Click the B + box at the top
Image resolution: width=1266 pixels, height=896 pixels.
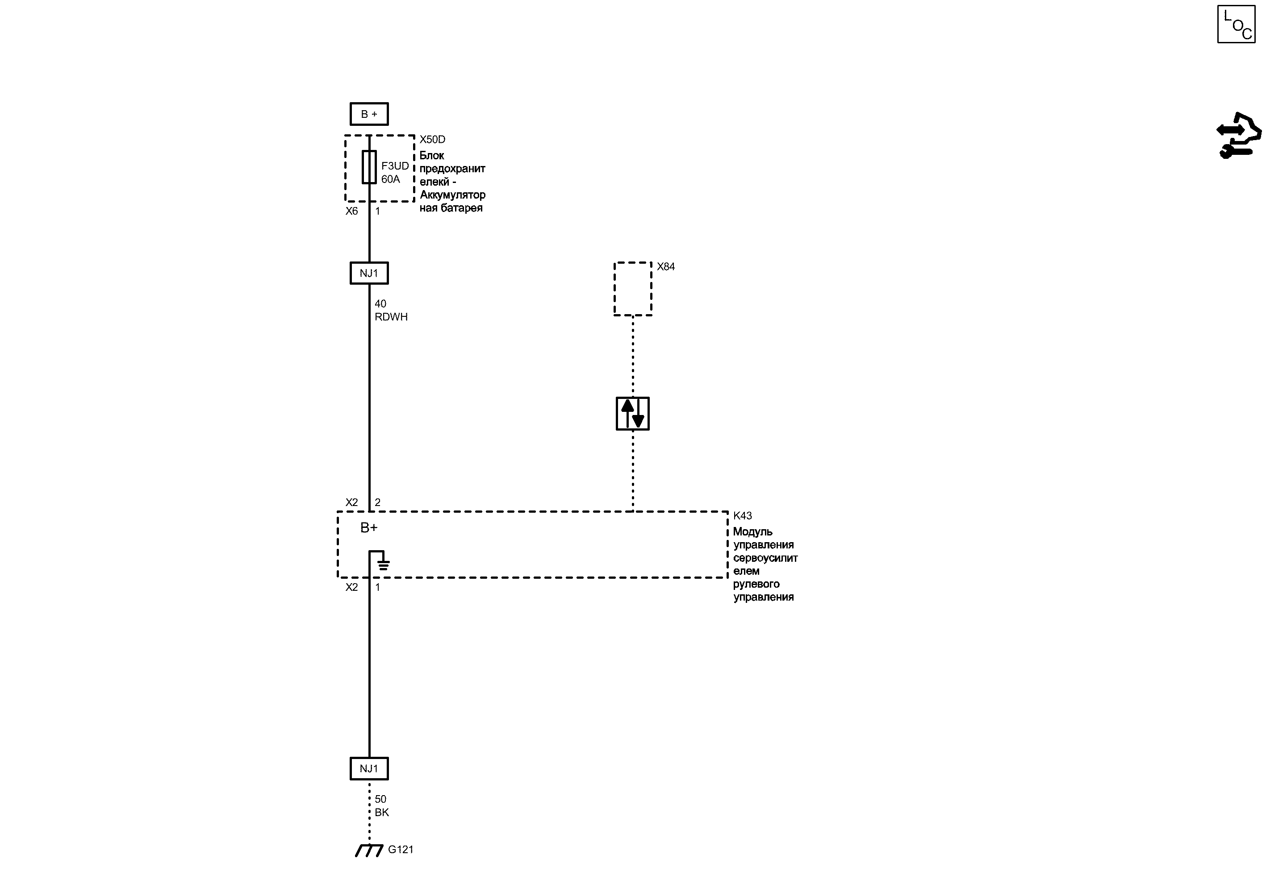(x=369, y=114)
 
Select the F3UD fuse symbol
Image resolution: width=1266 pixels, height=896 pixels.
(x=369, y=166)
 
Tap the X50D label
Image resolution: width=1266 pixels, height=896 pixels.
(x=432, y=140)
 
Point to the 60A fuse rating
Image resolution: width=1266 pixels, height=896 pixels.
(x=390, y=179)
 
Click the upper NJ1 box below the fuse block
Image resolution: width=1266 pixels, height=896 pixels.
(x=369, y=273)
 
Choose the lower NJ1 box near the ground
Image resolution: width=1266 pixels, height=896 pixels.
(x=369, y=768)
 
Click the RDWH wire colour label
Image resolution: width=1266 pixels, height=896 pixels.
(x=391, y=317)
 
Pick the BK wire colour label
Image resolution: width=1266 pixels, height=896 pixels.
(x=381, y=813)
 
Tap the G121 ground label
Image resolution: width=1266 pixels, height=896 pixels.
(x=400, y=850)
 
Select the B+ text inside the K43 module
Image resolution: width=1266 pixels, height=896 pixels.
(x=369, y=528)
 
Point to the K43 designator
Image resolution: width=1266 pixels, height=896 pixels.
(x=742, y=516)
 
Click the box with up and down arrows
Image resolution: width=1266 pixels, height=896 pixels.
(x=633, y=414)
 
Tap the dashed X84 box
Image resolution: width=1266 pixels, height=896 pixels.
(x=633, y=289)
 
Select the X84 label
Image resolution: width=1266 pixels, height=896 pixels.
(x=665, y=267)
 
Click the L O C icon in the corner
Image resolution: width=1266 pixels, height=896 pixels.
(x=1236, y=24)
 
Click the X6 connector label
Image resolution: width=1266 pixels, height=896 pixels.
(x=352, y=212)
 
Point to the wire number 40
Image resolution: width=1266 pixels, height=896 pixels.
(x=380, y=304)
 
